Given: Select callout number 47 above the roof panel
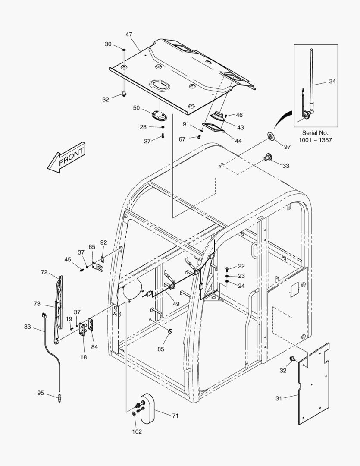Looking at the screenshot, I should click(x=129, y=34).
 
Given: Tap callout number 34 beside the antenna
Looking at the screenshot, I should click(x=332, y=81).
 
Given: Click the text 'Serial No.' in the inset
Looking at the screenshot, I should click(x=316, y=133).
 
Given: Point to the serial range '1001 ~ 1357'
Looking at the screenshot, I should click(x=316, y=140).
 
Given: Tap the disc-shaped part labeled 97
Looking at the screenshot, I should click(x=271, y=137).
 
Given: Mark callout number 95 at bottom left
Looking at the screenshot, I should click(x=41, y=393).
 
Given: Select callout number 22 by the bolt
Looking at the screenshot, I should click(x=241, y=266).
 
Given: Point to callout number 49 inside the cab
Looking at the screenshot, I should click(x=176, y=304).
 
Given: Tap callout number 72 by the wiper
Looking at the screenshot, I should click(x=44, y=272).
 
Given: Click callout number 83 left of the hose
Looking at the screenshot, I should click(x=28, y=327).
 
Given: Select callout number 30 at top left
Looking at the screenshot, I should click(x=108, y=44).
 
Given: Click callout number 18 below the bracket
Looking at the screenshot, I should click(x=83, y=357).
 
